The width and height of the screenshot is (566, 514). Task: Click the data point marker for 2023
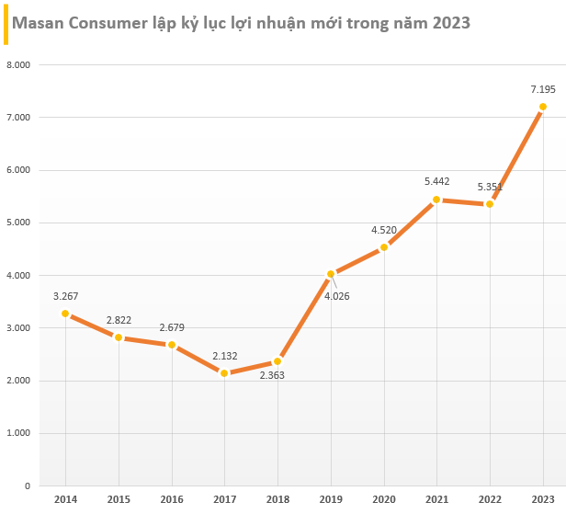coord(542,107)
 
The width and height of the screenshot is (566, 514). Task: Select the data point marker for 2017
coord(224,372)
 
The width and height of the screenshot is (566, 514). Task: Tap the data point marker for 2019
coord(331,273)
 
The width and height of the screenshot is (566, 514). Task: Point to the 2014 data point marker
coord(65,314)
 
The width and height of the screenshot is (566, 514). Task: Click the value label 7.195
coord(542,88)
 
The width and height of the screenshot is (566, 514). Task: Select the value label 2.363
coord(272,375)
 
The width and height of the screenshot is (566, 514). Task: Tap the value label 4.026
coord(336,295)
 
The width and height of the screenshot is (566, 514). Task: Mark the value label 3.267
coord(65,295)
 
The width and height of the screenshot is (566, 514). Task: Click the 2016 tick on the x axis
coord(171,499)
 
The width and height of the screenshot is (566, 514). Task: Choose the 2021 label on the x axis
coord(436,499)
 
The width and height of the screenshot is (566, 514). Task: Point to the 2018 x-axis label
coord(277,499)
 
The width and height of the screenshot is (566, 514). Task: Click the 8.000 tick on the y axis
coord(18,65)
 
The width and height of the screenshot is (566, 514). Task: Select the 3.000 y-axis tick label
coord(18,328)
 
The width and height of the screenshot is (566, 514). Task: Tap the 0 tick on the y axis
coord(28,485)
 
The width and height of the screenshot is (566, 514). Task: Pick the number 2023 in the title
coord(448,22)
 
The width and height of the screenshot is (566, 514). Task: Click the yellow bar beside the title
coord(6,22)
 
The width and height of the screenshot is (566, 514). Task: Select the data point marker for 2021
coord(436,199)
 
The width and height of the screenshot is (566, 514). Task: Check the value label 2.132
coord(224,355)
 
